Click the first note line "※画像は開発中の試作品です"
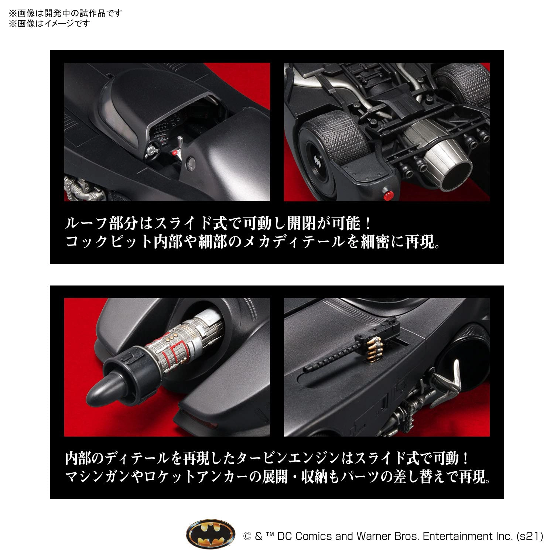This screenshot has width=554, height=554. (x=65, y=14)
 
